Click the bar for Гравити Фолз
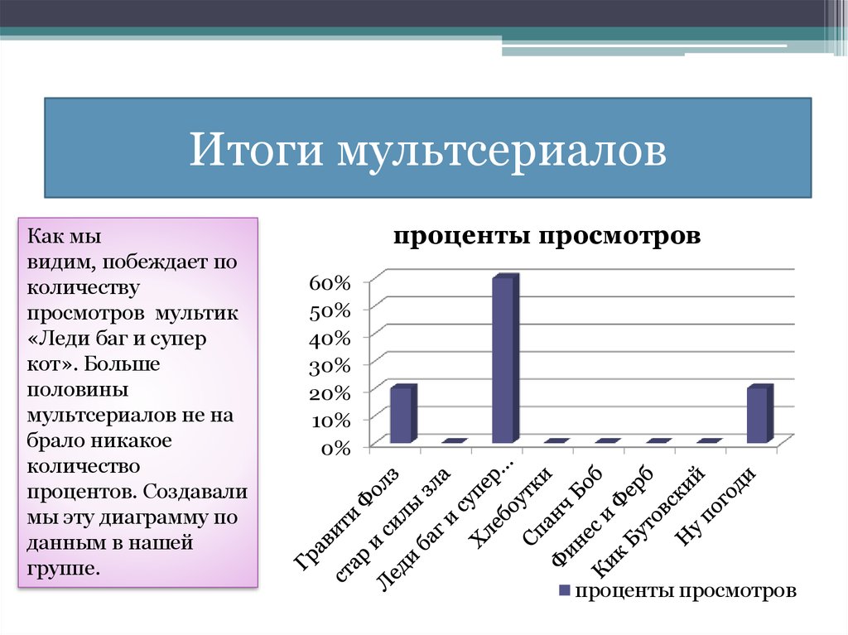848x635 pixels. [x=402, y=415]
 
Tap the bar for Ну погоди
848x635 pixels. [x=758, y=415]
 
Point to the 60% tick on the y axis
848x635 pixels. [x=331, y=282]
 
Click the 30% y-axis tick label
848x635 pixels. [x=331, y=365]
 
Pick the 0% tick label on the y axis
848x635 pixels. [x=336, y=448]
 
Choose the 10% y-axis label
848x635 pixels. [x=331, y=420]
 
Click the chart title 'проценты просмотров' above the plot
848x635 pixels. [x=547, y=236]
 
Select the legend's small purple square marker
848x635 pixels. [x=564, y=591]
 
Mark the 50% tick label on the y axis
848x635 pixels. [x=331, y=310]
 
